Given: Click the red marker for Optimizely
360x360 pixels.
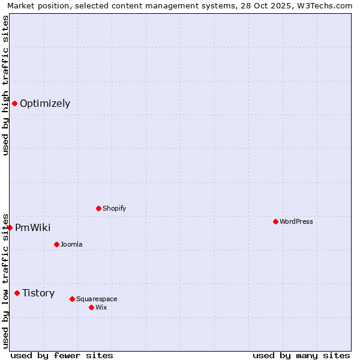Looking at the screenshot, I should click(x=14, y=103).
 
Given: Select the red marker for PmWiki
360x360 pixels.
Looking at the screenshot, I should click(x=10, y=227).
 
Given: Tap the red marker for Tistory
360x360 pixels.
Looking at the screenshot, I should click(x=17, y=293).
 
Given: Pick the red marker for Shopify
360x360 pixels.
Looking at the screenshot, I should click(x=98, y=208).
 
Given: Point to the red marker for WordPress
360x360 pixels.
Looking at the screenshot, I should click(x=275, y=221).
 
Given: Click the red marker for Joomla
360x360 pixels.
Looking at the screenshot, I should click(x=56, y=244).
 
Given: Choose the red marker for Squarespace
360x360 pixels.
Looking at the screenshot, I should click(x=72, y=299).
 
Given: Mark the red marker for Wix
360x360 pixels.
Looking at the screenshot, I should click(x=91, y=307).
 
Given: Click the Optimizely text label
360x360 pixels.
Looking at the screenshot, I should click(x=45, y=103).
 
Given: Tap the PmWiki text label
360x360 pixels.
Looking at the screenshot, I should click(x=33, y=227).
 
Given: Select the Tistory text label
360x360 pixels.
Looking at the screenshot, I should click(x=38, y=293).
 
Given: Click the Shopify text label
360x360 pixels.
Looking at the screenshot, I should click(x=115, y=208).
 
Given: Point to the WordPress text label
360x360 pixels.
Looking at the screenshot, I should click(x=296, y=221).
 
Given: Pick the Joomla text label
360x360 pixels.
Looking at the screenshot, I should click(x=71, y=244).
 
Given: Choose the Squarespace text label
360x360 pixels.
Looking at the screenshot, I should click(x=97, y=299).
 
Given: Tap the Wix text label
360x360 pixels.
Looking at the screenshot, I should click(x=101, y=307).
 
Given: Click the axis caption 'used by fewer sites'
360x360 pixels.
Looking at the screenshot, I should click(x=62, y=355).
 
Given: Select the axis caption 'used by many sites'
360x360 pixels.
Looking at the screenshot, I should click(x=301, y=355).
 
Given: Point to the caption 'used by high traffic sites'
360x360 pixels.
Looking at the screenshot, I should click(x=5, y=85).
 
